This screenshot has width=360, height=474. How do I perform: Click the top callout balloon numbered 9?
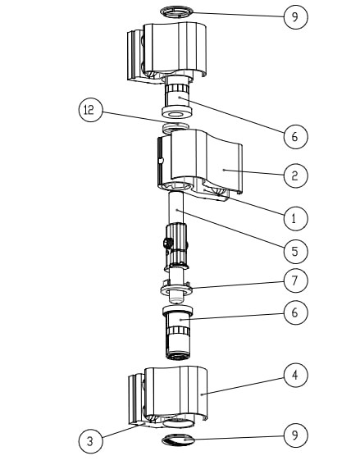(295, 17)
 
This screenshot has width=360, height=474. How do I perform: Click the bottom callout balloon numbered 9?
(295, 435)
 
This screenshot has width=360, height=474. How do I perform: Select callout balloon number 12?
(91, 110)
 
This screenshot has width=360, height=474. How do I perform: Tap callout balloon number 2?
(295, 175)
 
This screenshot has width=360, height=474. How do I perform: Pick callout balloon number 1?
(295, 218)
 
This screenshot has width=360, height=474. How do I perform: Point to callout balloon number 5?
(295, 251)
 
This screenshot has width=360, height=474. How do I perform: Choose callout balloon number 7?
(295, 280)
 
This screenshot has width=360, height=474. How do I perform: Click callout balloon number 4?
(295, 375)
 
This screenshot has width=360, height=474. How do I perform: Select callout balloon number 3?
(91, 440)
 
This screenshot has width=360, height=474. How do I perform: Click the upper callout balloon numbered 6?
(295, 137)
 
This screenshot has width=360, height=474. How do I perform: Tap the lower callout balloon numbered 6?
(295, 312)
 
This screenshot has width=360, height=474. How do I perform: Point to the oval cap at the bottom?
(178, 440)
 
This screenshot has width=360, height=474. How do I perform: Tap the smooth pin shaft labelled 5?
(176, 208)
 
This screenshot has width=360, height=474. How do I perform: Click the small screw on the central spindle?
(168, 243)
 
